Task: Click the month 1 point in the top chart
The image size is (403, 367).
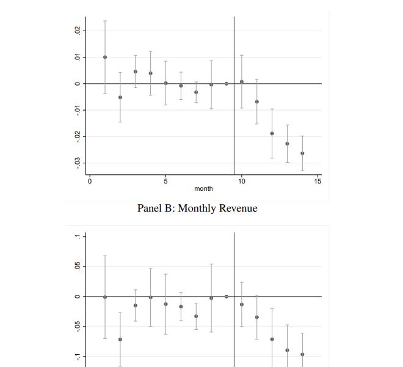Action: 105,57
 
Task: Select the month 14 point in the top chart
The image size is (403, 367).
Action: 302,154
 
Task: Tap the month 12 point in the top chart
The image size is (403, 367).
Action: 272,133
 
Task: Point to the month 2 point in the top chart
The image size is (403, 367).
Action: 120,97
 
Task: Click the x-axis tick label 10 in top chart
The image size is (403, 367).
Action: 242,182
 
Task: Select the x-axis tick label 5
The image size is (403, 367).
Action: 165,182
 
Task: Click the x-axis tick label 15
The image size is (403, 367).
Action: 318,182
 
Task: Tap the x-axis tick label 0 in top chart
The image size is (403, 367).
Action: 90,182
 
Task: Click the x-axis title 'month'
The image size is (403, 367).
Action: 203,189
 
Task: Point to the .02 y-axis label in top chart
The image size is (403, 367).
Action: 76,31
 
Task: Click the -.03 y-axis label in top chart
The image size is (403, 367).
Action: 76,163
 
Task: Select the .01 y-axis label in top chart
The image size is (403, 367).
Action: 76,57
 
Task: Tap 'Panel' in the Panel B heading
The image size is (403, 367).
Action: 150,209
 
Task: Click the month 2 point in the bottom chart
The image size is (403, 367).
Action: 120,339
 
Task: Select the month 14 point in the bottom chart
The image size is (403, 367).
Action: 302,354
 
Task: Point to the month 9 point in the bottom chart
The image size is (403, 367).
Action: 227,296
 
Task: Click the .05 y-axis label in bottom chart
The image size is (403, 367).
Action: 76,267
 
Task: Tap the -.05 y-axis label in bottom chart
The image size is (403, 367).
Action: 76,327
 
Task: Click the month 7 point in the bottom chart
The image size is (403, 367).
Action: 196,316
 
